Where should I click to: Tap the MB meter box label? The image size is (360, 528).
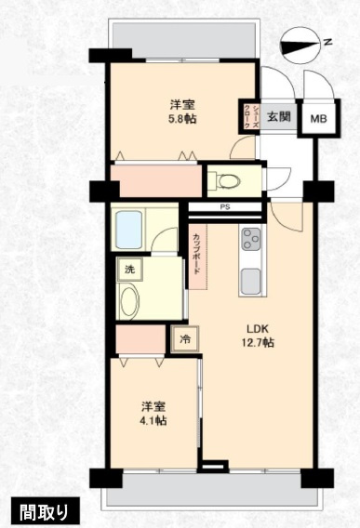[x=318, y=118]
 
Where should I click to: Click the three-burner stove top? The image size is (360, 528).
[x=252, y=240]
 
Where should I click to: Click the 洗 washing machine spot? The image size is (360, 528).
[x=128, y=270]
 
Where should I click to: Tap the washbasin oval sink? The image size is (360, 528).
[x=131, y=303]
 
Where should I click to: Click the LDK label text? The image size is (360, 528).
[x=258, y=328]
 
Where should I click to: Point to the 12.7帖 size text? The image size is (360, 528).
[x=258, y=343]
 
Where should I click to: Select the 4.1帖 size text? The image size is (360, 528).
[x=153, y=421]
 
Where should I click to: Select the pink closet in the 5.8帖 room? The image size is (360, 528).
[x=154, y=179]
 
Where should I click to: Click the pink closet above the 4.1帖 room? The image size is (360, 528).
[x=139, y=340]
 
